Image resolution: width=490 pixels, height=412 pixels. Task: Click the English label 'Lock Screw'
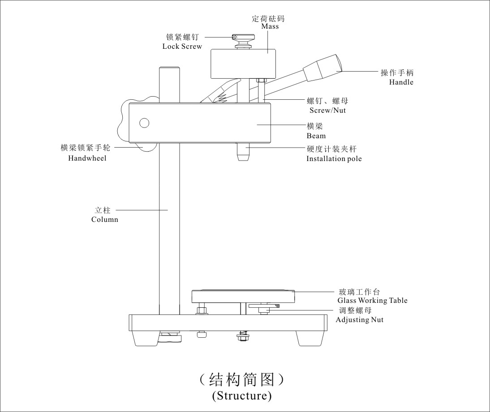coord(182,47)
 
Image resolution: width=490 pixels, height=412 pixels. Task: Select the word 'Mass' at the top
coord(270,26)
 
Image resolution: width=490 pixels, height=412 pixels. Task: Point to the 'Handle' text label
coord(401,82)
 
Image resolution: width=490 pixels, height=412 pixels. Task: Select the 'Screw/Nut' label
coord(327,110)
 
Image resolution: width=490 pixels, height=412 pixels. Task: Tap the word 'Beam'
coord(316,136)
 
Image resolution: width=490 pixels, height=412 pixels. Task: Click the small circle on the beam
coord(144,123)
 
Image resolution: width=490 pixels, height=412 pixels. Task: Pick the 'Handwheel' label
coord(87,158)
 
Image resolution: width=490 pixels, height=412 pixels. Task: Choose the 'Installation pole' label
coord(334,158)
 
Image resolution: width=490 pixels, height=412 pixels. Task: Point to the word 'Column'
coord(105,219)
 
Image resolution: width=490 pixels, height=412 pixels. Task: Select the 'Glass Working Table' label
coord(372,301)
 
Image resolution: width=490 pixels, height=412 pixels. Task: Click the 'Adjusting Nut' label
coord(359,319)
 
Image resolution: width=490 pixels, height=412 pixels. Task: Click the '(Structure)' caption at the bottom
coord(241,395)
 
